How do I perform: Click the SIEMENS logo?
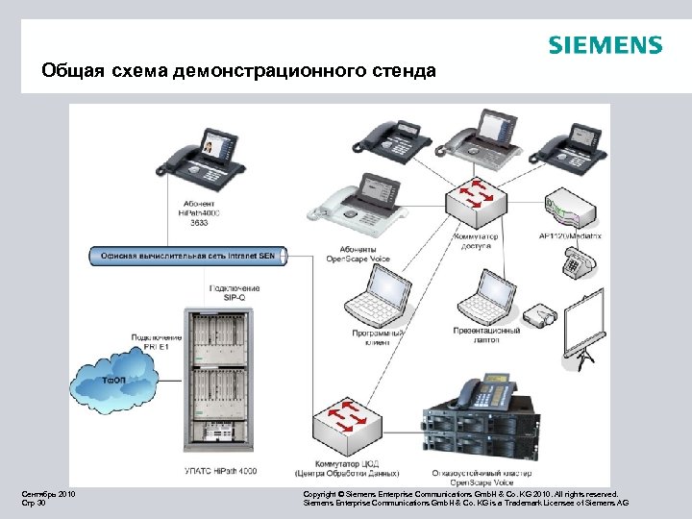click(x=605, y=45)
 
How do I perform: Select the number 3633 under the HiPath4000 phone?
click(x=199, y=223)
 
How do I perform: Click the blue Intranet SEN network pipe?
click(x=187, y=256)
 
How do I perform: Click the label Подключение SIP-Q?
click(x=235, y=293)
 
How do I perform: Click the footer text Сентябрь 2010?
click(x=49, y=494)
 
